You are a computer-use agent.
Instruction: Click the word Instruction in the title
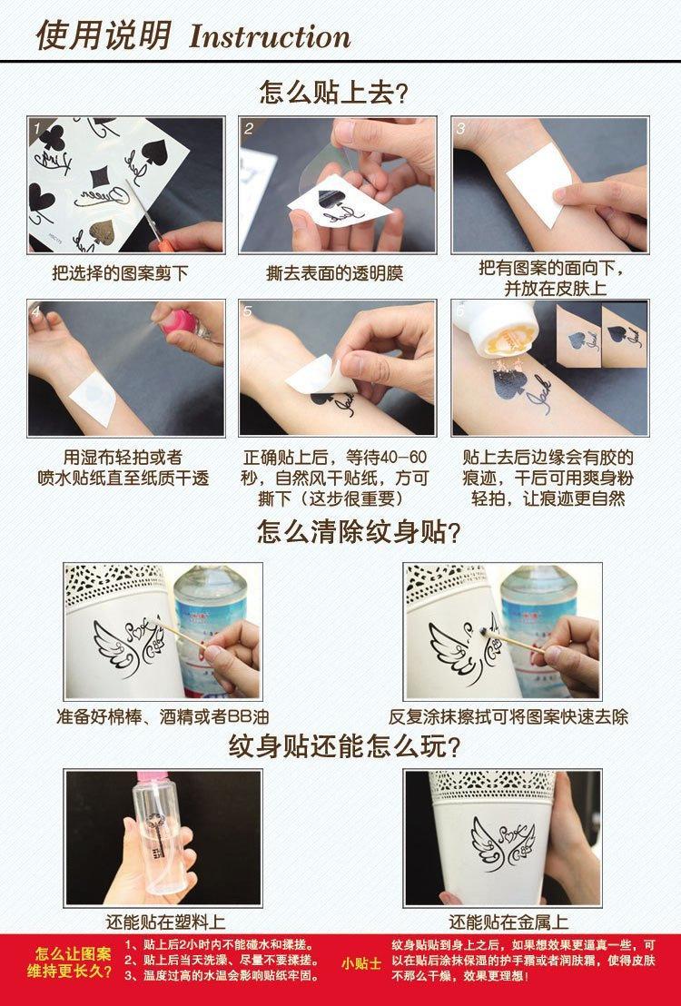270,36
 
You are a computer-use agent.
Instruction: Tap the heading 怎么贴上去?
333,93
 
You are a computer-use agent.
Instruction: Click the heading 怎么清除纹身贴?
359,532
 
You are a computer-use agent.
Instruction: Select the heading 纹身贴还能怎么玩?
345,747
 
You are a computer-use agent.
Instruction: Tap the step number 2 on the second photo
249,128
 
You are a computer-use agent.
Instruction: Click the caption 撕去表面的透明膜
334,273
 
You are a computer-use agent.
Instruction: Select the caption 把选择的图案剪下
120,273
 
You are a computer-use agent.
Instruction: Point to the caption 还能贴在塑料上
165,922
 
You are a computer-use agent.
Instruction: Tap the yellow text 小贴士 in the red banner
361,963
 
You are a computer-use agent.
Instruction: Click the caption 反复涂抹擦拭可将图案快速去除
508,716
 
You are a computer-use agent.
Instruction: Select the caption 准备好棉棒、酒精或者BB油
163,716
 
